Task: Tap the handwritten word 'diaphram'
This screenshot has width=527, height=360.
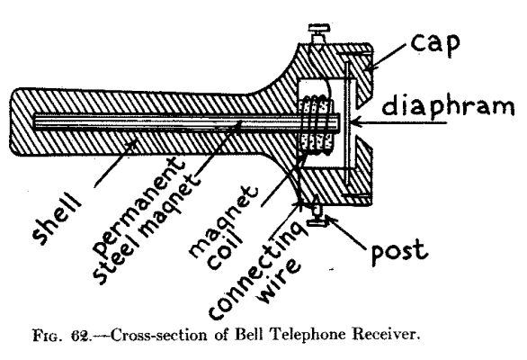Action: [x=453, y=109]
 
